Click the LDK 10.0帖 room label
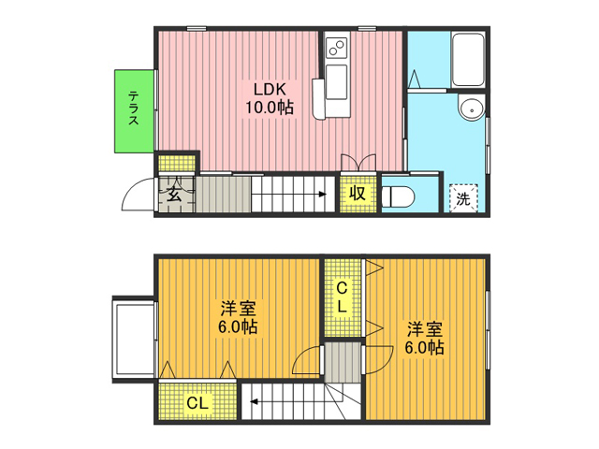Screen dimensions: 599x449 point(270,98)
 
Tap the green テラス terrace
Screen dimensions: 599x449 point(134,111)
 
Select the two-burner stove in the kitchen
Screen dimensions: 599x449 point(337,48)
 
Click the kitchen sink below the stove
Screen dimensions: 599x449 point(337,82)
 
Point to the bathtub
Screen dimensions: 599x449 point(468,59)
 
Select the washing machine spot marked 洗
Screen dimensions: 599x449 point(464,198)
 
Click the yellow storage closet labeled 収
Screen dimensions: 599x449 point(358,194)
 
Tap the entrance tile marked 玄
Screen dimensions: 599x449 point(176,194)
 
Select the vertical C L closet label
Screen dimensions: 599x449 point(342,297)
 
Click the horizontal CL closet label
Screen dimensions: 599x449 point(197,403)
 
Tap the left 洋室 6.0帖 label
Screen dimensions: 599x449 point(238,318)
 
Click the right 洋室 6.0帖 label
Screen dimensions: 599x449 point(424,339)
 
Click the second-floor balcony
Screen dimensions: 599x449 point(134,340)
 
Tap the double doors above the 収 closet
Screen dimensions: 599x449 point(358,162)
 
